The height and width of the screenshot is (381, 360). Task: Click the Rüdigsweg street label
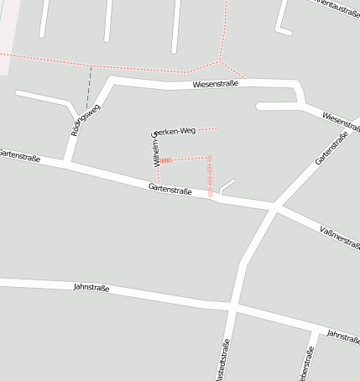point(85,120)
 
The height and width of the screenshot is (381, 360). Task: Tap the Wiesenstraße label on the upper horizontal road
point(216,84)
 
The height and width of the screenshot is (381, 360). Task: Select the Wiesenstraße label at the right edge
point(340,121)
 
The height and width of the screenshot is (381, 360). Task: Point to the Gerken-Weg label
point(174,131)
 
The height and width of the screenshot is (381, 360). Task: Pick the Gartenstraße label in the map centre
point(171,190)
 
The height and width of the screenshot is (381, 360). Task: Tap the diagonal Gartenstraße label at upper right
point(332,147)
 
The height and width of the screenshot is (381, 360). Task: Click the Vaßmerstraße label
point(339,237)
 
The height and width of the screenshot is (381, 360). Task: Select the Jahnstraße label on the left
point(91,287)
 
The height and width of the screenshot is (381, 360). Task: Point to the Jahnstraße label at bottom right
point(342,336)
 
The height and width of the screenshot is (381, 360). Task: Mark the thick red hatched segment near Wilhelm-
point(166,159)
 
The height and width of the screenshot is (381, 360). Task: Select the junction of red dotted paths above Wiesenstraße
point(219,61)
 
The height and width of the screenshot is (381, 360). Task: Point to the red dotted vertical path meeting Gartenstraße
point(210,178)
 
